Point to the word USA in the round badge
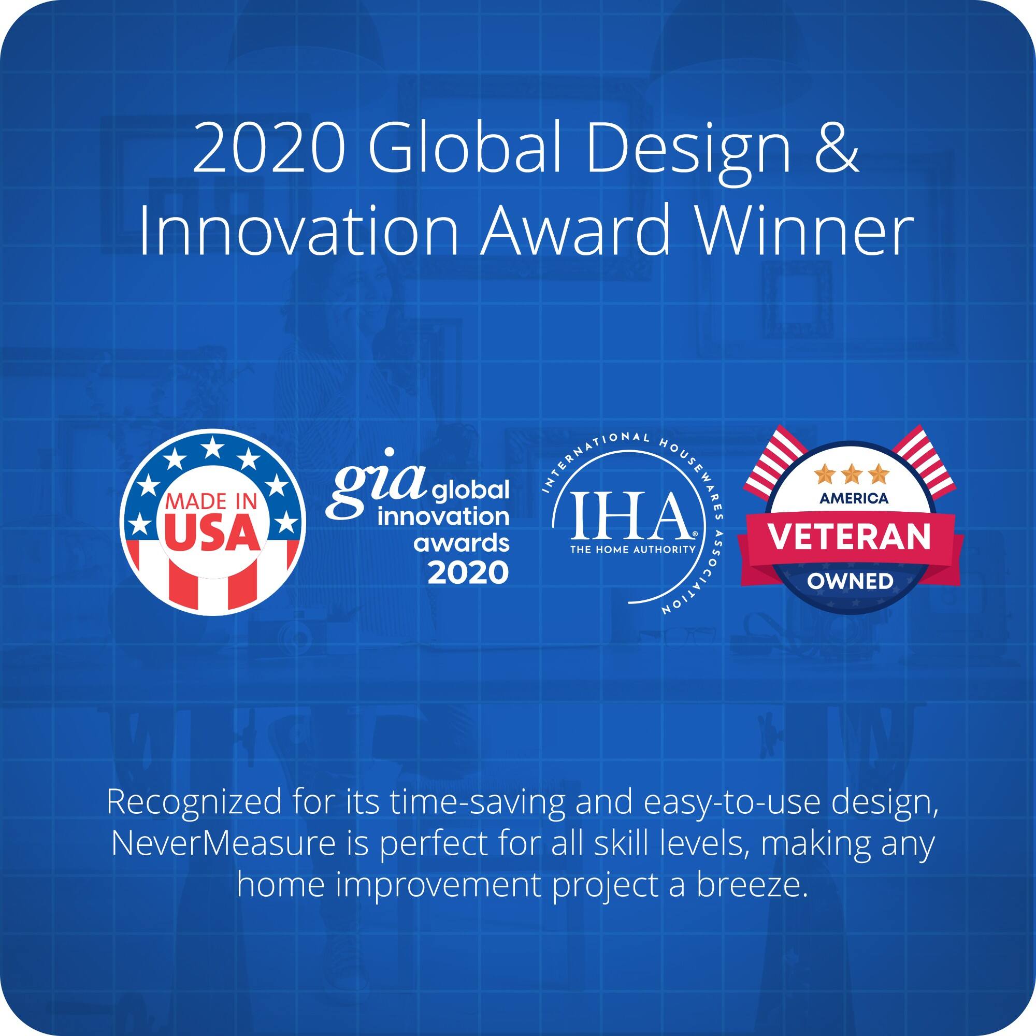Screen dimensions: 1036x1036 [x=213, y=534]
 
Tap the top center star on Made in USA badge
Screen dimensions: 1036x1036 [x=213, y=444]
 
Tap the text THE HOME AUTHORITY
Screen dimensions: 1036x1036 [x=632, y=550]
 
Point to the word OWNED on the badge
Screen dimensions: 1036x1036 [x=850, y=581]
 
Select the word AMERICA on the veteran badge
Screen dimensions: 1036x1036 [x=854, y=499]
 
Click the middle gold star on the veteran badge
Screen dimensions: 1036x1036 [x=852, y=474]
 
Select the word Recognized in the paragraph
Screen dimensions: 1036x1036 [x=194, y=803]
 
